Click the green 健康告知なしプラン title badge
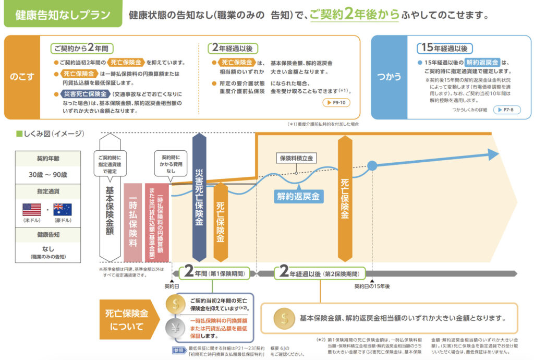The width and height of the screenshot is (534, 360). [x=62, y=15]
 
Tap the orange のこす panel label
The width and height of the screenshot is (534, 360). [x=22, y=77]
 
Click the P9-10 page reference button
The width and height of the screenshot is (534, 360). [x=336, y=103]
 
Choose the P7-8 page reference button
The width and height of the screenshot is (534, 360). [x=505, y=110]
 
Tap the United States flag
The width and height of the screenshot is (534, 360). [x=32, y=210]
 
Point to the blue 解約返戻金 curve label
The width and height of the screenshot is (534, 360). [x=298, y=196]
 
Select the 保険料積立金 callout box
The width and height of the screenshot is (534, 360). [x=296, y=158]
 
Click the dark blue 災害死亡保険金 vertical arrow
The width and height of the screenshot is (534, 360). [x=199, y=198]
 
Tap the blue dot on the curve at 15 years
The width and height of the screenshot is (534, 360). [x=372, y=166]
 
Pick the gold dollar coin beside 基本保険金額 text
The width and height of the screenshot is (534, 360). [x=284, y=317]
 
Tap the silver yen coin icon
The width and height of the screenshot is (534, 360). [x=174, y=328]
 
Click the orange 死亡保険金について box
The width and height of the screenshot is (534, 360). [x=127, y=320]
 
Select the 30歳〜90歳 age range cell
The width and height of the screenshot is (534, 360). [x=48, y=174]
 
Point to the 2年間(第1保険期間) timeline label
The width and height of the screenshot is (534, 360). [x=214, y=273]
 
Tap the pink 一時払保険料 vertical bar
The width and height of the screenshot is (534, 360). [x=133, y=222]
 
